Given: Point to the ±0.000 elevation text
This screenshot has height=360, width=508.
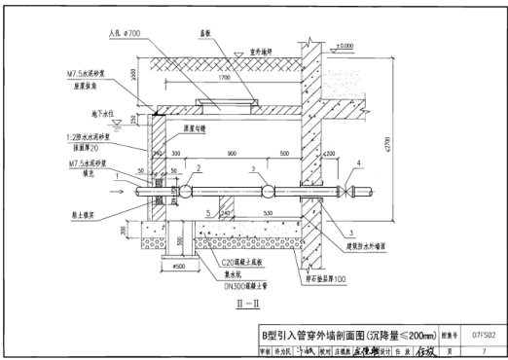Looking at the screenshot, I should [344, 45].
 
